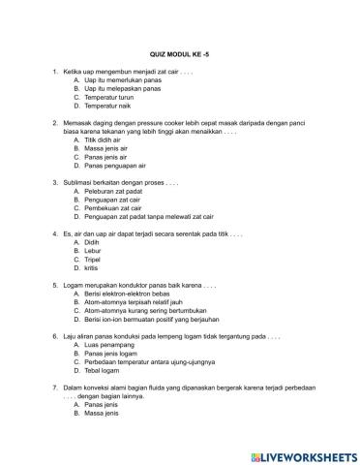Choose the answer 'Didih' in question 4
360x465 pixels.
tap(93, 242)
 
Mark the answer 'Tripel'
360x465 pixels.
tap(94, 260)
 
